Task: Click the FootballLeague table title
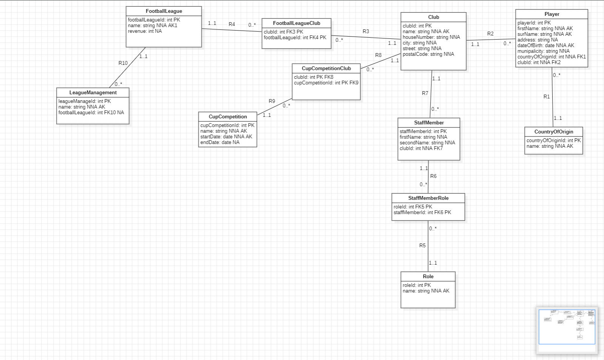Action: (164, 11)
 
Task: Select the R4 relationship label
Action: (232, 24)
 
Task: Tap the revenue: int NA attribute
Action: (144, 31)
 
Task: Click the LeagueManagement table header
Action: (93, 93)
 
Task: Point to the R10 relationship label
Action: (123, 63)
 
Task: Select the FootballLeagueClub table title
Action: (297, 23)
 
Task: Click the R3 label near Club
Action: (366, 31)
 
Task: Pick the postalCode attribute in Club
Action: (428, 54)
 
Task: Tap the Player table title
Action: (552, 14)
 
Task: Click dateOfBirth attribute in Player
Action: (546, 46)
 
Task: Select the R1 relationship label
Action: (546, 97)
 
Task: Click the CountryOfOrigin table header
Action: (553, 132)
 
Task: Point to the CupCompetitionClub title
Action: (326, 69)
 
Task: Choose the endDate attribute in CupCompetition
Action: (220, 142)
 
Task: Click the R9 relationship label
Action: (272, 101)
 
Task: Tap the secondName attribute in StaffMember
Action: (427, 143)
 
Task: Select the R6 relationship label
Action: (433, 176)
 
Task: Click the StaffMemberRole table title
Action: (428, 198)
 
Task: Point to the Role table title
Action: (428, 277)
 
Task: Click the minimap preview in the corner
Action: (567, 327)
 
